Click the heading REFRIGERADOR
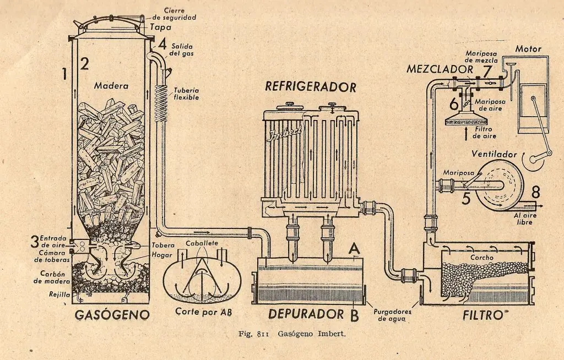311,86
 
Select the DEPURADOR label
306,314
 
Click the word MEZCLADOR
440,69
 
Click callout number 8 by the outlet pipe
536,193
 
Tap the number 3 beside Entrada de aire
35,241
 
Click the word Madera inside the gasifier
111,86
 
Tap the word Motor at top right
528,49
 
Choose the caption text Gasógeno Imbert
311,334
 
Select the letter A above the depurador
355,249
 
